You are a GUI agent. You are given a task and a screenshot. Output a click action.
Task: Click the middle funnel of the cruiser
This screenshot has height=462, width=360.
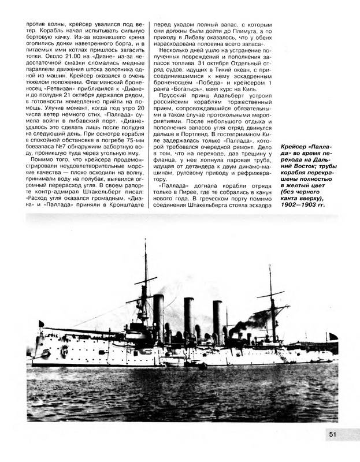pos(189,318)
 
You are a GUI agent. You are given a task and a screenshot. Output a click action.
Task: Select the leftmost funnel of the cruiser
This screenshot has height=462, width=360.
pos(158,315)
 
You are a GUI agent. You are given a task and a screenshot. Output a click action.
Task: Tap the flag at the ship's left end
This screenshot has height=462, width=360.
pos(40,323)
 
